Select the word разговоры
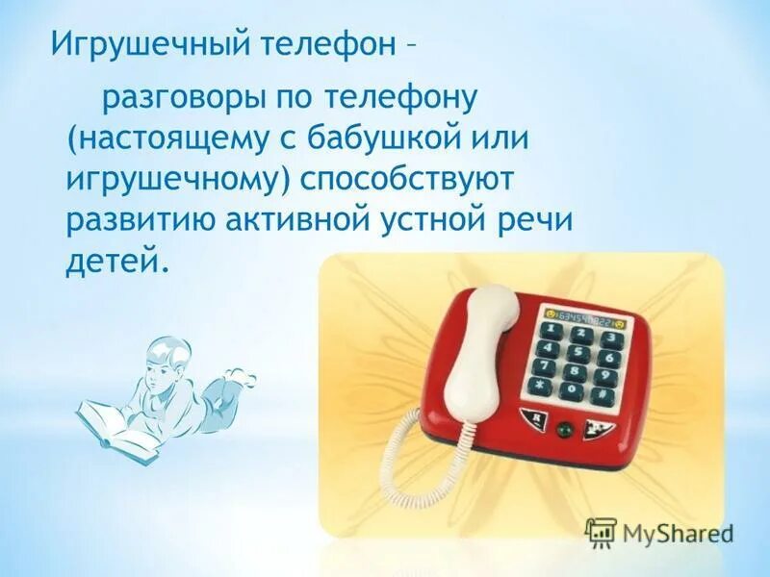pos(185,97)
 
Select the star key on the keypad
pos(541,387)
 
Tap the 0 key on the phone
pos(573,391)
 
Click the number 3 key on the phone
pos(607,338)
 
